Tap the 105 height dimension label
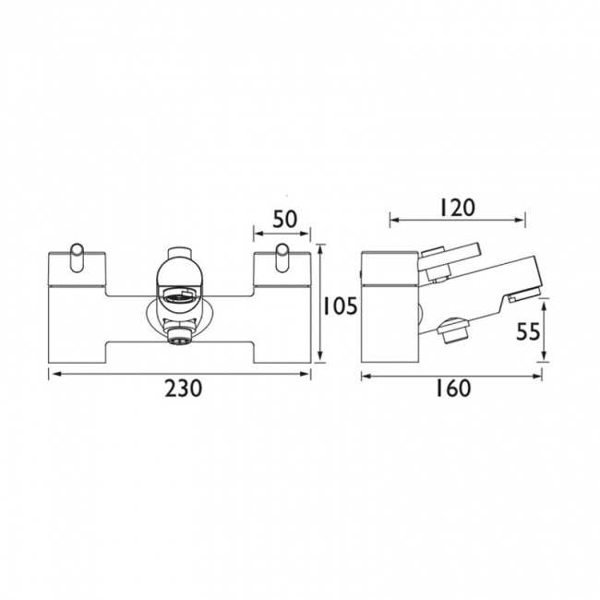(x=340, y=306)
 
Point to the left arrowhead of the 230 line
(x=51, y=373)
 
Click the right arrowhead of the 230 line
(x=310, y=373)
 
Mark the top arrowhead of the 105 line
(x=319, y=247)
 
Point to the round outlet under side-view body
(x=453, y=330)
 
